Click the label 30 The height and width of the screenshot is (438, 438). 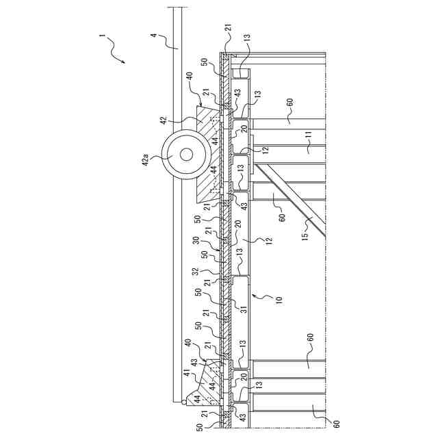tap(195, 240)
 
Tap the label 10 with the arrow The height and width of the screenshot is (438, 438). tap(278, 300)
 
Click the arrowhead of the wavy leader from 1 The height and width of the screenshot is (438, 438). tap(124, 63)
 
